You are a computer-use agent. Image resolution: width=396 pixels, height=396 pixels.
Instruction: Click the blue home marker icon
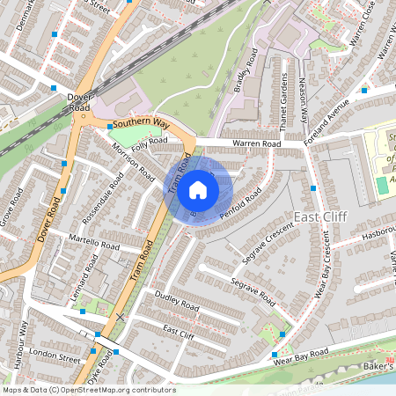(198, 189)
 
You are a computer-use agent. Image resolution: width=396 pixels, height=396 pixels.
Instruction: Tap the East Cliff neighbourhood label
(321, 217)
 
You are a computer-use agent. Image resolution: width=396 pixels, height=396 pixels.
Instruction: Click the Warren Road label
(256, 143)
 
